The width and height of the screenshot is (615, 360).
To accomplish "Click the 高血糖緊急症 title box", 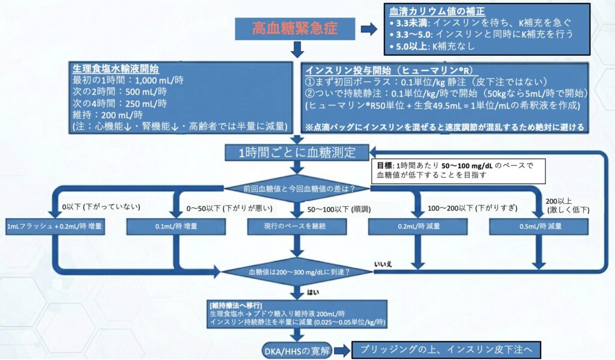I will pyautogui.click(x=295, y=28).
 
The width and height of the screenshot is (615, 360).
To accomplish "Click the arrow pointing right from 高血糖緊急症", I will pyautogui.click(x=368, y=28).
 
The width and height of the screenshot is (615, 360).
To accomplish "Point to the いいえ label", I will pyautogui.click(x=383, y=264).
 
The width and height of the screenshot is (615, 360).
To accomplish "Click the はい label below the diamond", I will pyautogui.click(x=313, y=293).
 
